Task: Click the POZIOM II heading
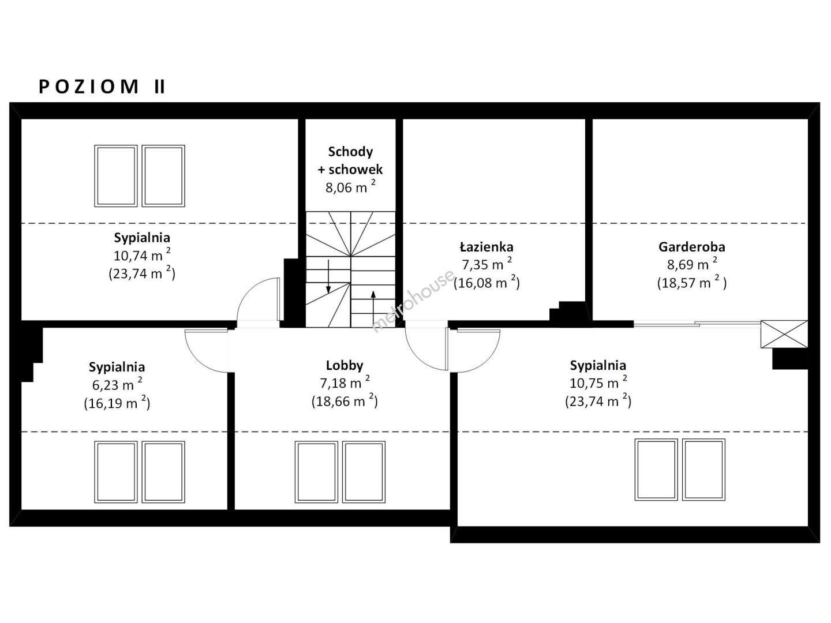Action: tap(102, 87)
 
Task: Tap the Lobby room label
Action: tap(345, 365)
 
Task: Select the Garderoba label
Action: tap(692, 247)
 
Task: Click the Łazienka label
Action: tap(486, 247)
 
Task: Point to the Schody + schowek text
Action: tap(350, 160)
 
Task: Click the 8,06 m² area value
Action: tap(350, 186)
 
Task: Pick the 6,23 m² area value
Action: tap(117, 384)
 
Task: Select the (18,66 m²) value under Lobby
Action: tap(345, 400)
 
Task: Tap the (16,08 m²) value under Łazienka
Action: tap(486, 282)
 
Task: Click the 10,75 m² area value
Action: tap(598, 382)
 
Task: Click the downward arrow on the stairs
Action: tap(328, 276)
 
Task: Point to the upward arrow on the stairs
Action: tap(373, 307)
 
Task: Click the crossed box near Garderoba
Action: tap(784, 334)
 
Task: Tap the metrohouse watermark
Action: tap(413, 301)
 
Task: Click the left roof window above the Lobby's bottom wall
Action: tap(316, 472)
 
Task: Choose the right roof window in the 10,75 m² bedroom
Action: tap(703, 470)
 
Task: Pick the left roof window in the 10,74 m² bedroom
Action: tap(116, 176)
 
